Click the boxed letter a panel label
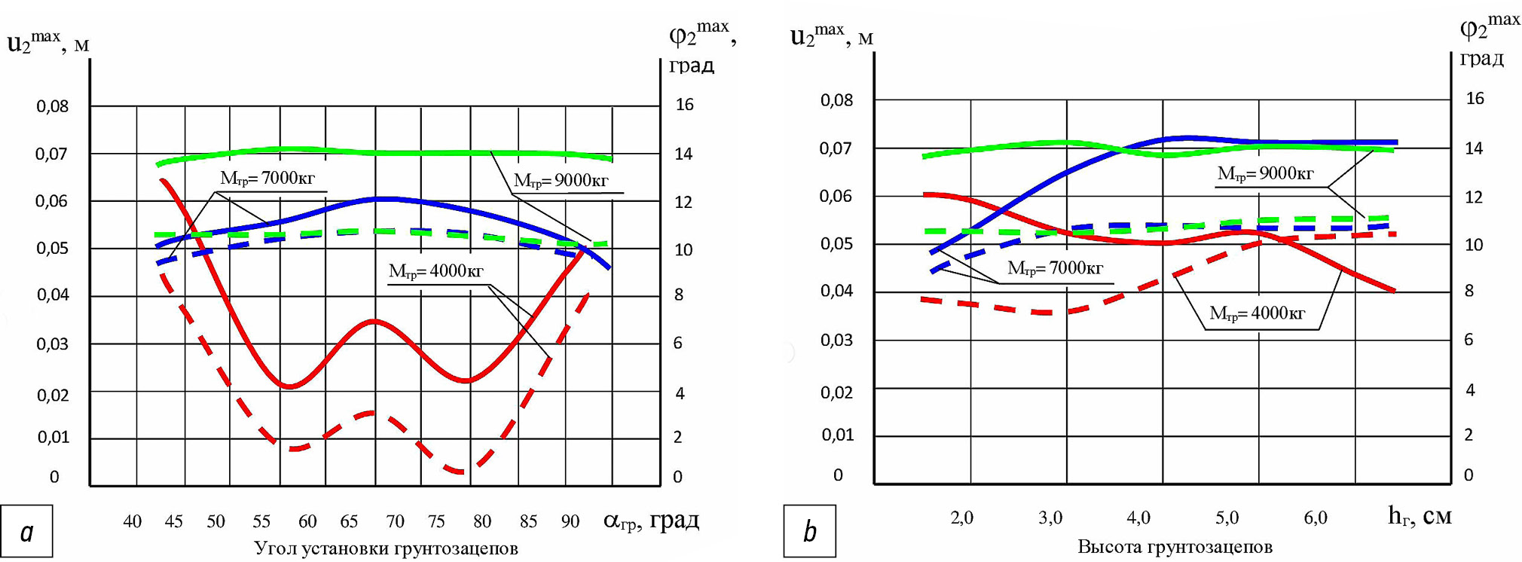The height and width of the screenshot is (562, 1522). coord(27,532)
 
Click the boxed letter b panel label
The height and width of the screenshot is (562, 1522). coord(810,532)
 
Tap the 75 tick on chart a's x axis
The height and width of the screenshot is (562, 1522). coord(436,521)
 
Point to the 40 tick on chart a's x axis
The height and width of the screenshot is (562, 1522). coord(132,521)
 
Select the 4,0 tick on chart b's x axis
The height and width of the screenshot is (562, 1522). coord(1138,518)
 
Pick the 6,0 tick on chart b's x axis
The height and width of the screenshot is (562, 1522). coord(1315,518)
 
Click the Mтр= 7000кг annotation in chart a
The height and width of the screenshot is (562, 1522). coord(267,179)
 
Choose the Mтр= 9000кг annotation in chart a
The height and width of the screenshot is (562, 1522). coord(561,181)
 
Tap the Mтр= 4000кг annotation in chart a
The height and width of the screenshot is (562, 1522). coord(436,271)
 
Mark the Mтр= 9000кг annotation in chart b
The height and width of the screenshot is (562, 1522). coord(1266,174)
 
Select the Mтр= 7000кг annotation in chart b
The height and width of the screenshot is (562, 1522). coord(1055,268)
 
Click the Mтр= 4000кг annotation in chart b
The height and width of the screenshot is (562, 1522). coord(1257,313)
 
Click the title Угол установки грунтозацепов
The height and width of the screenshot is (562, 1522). coord(386,548)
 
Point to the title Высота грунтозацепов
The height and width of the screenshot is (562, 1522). coord(1175,547)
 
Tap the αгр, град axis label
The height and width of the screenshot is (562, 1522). coord(651,520)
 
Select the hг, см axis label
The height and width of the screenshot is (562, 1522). coord(1420,516)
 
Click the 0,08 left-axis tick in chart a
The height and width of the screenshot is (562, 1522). coord(52,107)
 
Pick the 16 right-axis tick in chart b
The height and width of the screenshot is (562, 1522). coord(1475,99)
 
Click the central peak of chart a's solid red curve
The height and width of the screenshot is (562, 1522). coord(374,322)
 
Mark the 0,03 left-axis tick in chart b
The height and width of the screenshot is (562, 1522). coord(836,341)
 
